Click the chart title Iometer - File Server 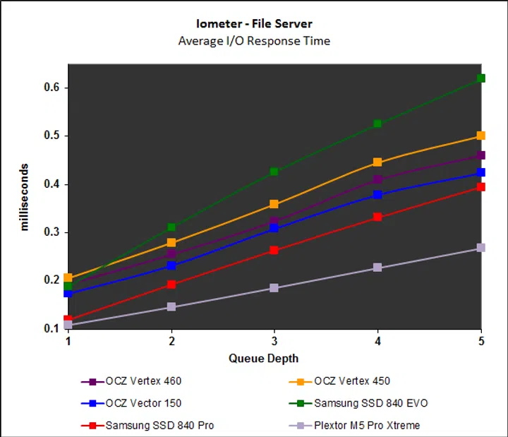tap(253, 23)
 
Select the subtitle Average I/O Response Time tap(253, 40)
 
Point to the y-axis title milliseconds tap(25, 197)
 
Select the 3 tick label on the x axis tap(274, 340)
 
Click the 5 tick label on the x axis tap(481, 340)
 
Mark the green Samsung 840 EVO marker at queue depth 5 tap(481, 78)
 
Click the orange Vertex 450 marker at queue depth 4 tap(377, 162)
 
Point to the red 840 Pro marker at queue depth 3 tap(274, 250)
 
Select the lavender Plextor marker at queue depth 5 tap(481, 248)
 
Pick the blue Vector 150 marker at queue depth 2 tap(171, 265)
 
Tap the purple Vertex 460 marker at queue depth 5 tap(481, 155)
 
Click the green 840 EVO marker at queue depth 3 tap(274, 172)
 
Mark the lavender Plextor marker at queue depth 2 tap(171, 307)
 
